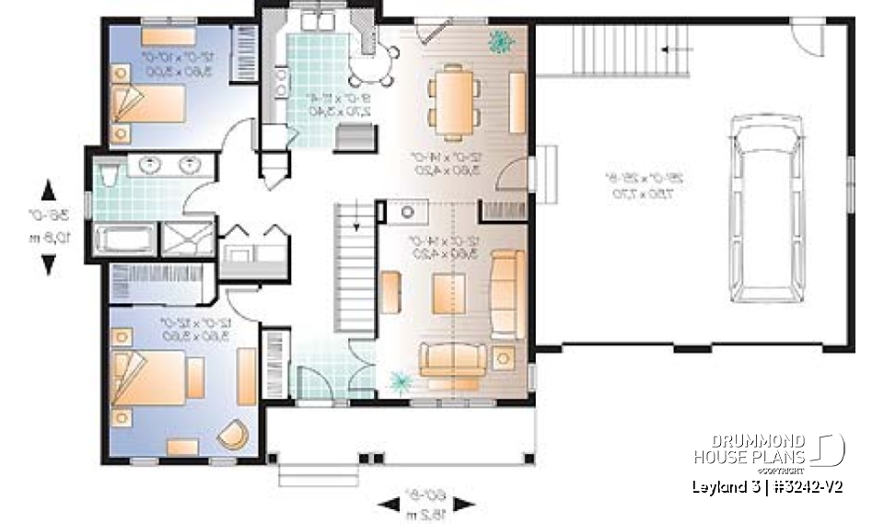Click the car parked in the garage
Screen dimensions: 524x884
coord(768,209)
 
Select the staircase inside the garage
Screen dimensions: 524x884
coord(632,52)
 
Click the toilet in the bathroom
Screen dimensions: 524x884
coord(109,174)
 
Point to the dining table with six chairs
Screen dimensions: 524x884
coord(454,95)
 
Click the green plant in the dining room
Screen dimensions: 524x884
coord(501,41)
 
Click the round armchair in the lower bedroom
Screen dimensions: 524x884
coord(234,435)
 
